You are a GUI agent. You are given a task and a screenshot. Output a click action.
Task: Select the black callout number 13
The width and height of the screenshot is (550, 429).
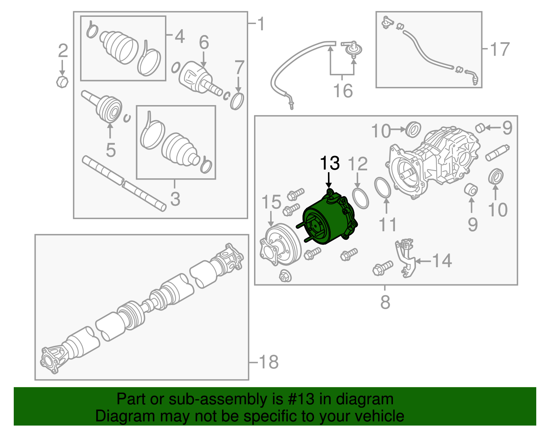(x=330, y=163)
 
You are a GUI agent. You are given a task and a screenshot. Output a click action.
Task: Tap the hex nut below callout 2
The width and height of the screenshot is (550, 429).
(x=62, y=82)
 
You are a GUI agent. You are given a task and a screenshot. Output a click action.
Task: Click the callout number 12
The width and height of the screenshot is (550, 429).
(x=357, y=164)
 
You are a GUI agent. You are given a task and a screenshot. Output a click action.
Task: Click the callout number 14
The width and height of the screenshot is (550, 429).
(x=442, y=261)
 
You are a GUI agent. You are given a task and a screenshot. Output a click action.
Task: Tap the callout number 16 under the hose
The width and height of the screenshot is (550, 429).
(x=343, y=90)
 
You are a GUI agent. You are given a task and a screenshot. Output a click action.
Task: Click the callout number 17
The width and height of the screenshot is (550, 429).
(x=500, y=49)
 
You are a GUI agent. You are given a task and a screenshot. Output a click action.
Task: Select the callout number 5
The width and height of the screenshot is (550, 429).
(x=111, y=150)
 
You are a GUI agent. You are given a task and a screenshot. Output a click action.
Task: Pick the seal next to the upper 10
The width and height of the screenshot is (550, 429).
(x=413, y=129)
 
